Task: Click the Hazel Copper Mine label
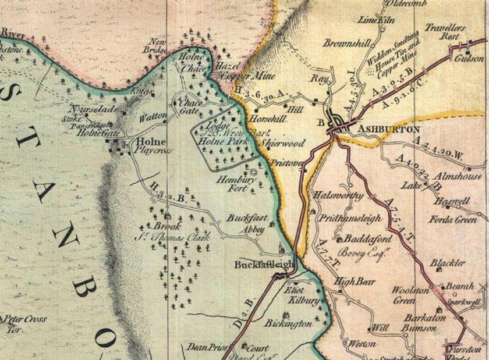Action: tap(232, 71)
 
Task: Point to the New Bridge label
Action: tap(156, 46)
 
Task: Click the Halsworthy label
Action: tap(338, 195)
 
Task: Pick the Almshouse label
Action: tap(459, 176)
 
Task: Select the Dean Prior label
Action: tap(206, 347)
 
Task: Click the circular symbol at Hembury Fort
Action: tap(254, 172)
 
